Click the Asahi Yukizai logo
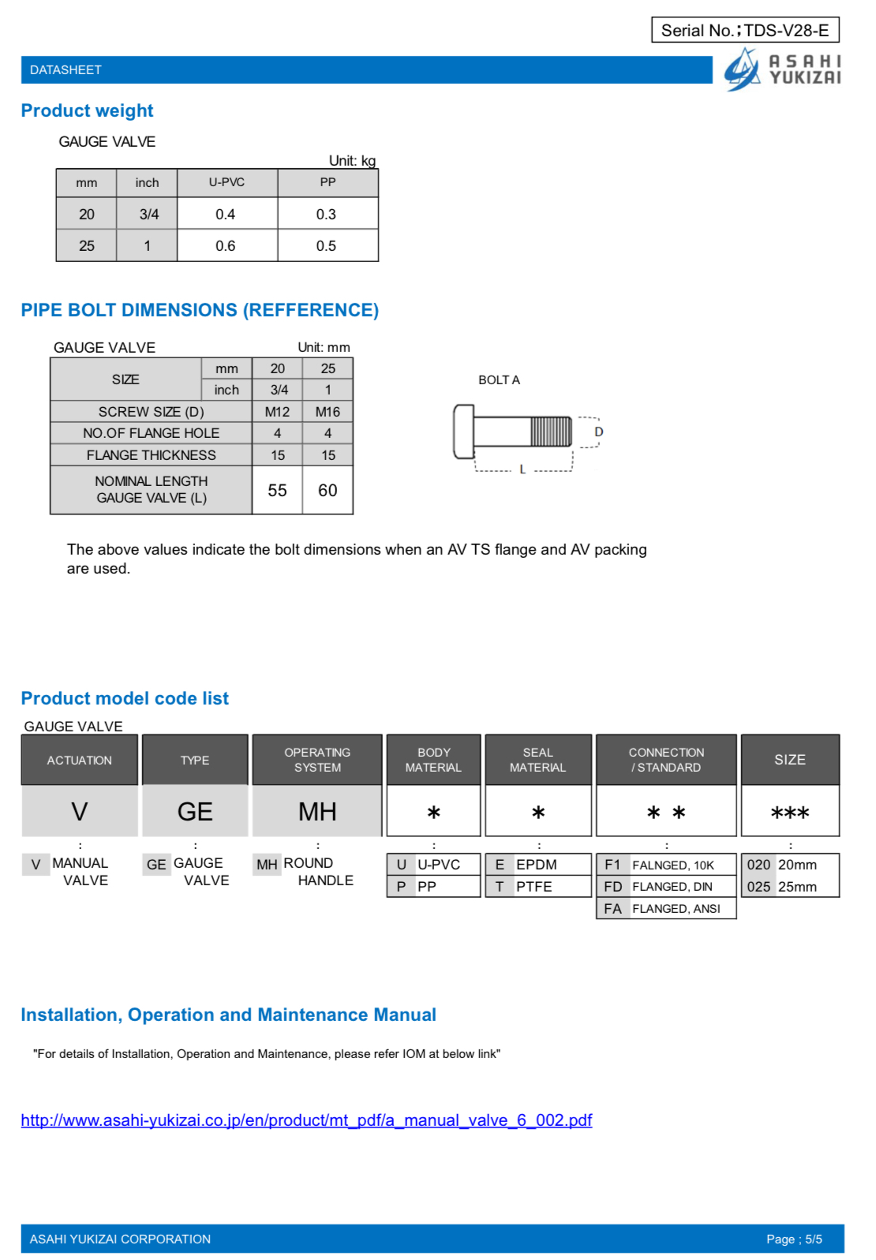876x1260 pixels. click(782, 69)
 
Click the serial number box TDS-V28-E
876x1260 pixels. click(744, 30)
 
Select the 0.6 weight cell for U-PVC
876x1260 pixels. click(226, 246)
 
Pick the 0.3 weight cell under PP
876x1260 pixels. click(326, 215)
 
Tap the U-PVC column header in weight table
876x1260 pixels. click(226, 182)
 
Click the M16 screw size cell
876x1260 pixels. click(328, 412)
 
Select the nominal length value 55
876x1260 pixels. click(277, 491)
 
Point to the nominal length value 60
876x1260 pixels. click(328, 491)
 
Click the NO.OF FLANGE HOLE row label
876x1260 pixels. click(151, 433)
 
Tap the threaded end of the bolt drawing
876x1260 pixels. click(550, 432)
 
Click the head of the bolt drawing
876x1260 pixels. click(463, 432)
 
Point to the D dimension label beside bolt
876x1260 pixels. click(598, 432)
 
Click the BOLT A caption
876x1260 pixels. click(499, 380)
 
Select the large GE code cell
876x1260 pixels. click(195, 812)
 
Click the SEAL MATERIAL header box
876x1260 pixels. click(537, 760)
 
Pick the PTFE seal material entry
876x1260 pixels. click(534, 887)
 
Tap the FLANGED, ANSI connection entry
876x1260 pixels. click(676, 909)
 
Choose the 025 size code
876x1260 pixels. click(758, 887)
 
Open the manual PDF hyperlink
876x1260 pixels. click(306, 1120)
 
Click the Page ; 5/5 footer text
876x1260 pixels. click(793, 1239)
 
